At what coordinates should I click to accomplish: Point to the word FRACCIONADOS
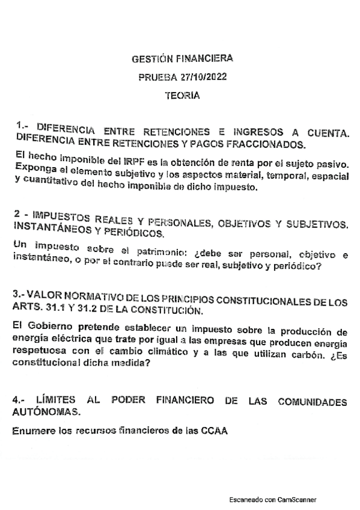[x=273, y=144]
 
